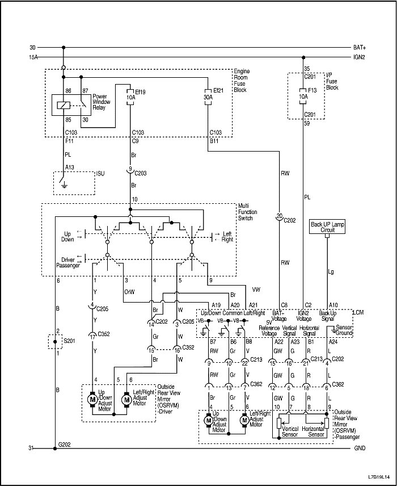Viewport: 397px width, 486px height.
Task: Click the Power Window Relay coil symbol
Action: click(x=64, y=103)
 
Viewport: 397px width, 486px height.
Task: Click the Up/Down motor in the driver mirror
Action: click(x=91, y=399)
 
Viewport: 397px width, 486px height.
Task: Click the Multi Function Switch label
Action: click(x=247, y=212)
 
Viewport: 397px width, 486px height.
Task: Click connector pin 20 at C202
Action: click(x=279, y=216)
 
